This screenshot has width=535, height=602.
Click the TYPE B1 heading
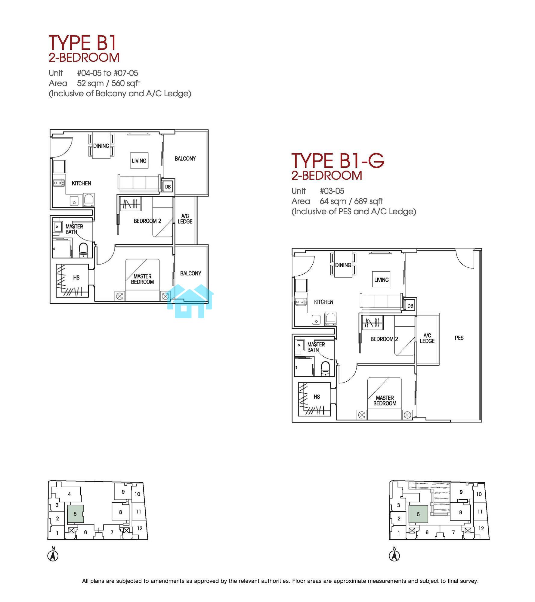[82, 42]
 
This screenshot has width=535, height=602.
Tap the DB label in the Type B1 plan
[168, 187]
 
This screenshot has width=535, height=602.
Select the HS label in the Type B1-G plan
[317, 397]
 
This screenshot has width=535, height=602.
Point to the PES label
[459, 338]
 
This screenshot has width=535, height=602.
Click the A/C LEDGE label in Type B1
[185, 219]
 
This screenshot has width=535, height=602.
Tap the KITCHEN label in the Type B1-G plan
[323, 302]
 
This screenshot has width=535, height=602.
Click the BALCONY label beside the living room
[185, 159]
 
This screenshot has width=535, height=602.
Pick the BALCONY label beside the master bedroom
[190, 273]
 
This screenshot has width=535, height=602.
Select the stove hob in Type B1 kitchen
[59, 183]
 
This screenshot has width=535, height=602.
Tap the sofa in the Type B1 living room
[139, 183]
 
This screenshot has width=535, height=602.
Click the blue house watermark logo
[190, 301]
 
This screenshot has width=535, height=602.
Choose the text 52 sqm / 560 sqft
[109, 83]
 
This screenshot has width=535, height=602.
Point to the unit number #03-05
[332, 191]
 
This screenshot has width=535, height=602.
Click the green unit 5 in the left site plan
[75, 514]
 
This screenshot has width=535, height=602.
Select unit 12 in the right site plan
[481, 528]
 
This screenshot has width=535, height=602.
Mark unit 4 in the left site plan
[69, 494]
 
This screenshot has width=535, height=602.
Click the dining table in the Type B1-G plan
[343, 265]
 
